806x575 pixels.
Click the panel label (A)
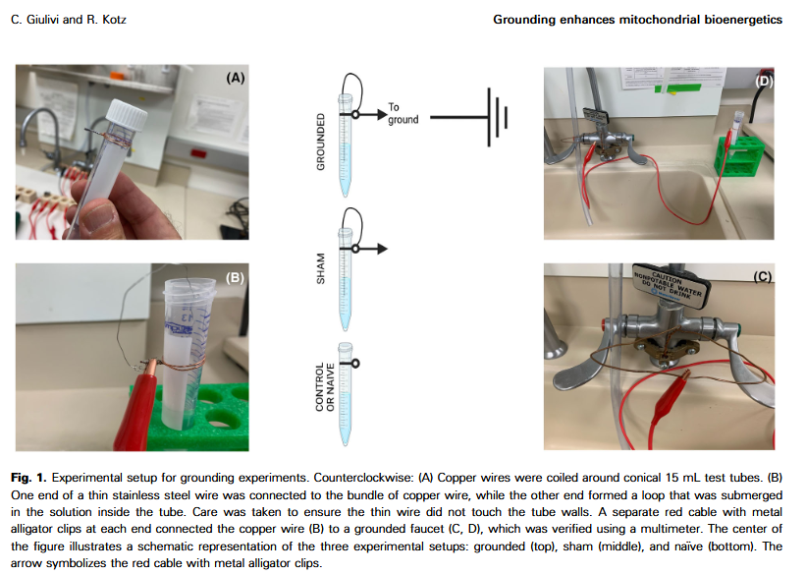[235, 77]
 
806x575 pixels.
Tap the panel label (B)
[235, 277]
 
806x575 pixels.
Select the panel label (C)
[762, 277]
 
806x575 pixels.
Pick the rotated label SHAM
[320, 267]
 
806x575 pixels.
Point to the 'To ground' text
[403, 113]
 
